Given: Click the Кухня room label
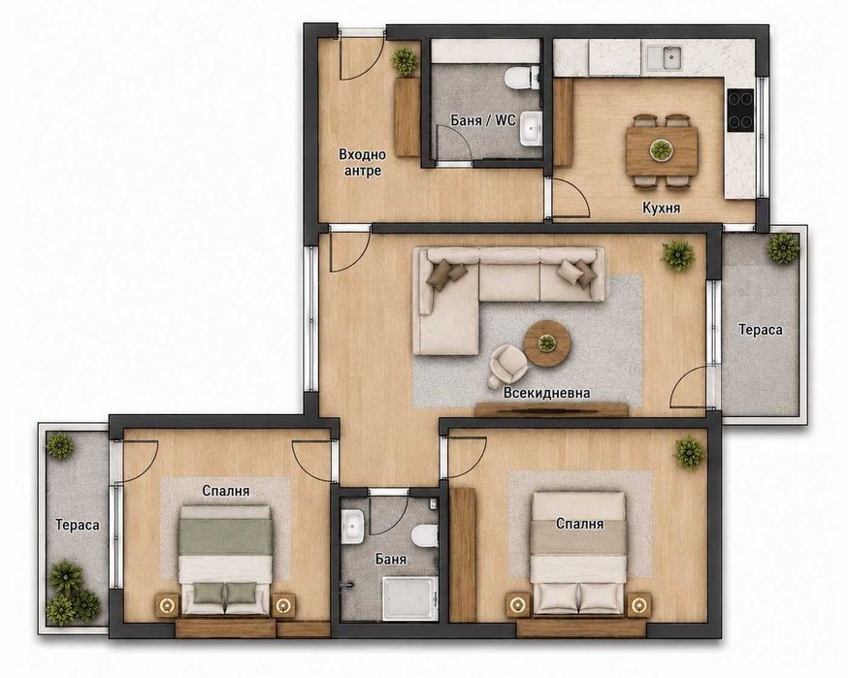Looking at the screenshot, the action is (661, 208).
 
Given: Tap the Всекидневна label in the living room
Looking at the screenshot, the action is (546, 393).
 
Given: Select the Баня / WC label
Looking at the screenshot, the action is (483, 119).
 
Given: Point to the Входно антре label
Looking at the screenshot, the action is (362, 162).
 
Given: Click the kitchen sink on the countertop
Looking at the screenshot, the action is (664, 57).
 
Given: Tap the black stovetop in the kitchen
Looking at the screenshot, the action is (740, 111).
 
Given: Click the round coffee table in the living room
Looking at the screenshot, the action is (547, 342).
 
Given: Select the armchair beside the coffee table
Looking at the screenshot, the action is (507, 366).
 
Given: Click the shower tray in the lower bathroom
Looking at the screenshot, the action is (410, 598).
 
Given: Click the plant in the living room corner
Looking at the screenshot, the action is (677, 256).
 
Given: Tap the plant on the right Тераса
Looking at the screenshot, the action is (783, 247).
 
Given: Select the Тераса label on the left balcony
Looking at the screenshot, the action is (78, 525).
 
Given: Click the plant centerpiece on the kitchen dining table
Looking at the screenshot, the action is (661, 149).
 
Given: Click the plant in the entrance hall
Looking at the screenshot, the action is (405, 61).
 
